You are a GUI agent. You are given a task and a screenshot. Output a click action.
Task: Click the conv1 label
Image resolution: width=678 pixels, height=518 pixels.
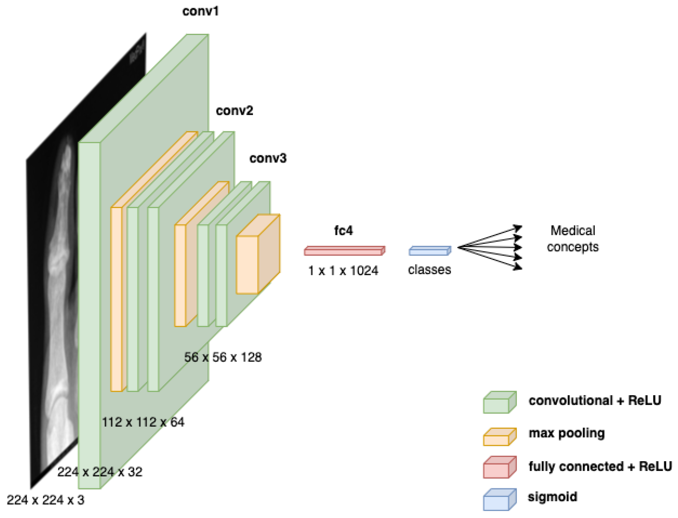click(200, 11)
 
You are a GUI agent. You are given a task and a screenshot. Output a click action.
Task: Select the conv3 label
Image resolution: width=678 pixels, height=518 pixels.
click(268, 158)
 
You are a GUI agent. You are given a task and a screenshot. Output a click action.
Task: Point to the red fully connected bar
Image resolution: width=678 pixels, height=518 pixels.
click(344, 251)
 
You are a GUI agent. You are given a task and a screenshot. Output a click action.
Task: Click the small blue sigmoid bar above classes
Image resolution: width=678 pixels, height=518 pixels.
click(429, 251)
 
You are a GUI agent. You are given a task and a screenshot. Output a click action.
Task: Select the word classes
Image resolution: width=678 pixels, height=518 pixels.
click(429, 270)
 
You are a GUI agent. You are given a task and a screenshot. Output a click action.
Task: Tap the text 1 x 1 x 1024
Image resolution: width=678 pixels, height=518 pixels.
click(343, 271)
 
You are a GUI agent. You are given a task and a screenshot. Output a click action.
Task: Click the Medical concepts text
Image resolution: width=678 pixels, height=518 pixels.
click(573, 239)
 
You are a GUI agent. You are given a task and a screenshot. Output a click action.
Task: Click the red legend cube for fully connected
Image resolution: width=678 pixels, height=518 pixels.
click(499, 467)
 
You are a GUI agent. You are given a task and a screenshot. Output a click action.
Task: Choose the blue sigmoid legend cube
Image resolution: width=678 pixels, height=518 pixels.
click(499, 499)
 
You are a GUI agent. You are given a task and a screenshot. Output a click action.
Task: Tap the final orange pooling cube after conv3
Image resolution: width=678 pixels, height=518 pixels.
click(258, 254)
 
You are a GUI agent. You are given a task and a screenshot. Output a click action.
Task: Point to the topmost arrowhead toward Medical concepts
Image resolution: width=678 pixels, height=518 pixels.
click(519, 228)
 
